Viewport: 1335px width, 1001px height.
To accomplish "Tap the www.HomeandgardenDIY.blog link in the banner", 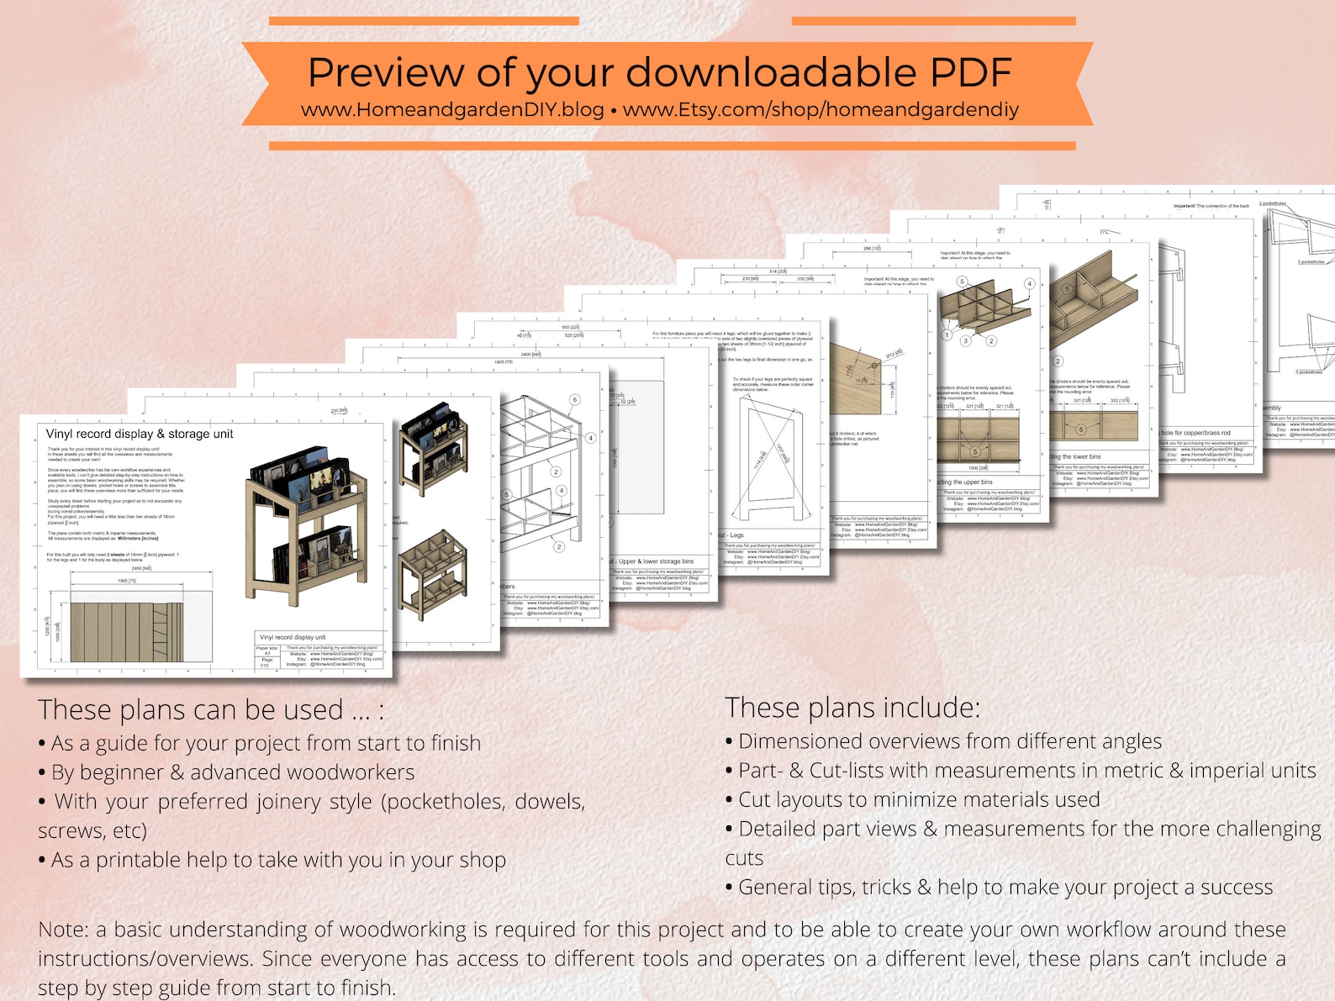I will (x=452, y=110).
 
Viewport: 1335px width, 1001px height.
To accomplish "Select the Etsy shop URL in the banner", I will (x=821, y=110).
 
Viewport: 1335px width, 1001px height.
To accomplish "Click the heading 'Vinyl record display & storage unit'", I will (x=140, y=434).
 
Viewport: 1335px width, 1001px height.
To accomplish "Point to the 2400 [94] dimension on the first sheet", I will (x=141, y=569).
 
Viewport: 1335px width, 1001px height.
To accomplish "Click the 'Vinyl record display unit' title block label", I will (x=293, y=637).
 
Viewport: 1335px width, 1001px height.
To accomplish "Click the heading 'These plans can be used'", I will (x=210, y=710).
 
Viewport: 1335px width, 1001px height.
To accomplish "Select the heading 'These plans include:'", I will (x=852, y=708).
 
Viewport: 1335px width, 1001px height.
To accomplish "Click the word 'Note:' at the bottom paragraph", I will (x=63, y=930).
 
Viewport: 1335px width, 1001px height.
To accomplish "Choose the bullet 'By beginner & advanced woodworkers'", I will (x=233, y=772).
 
